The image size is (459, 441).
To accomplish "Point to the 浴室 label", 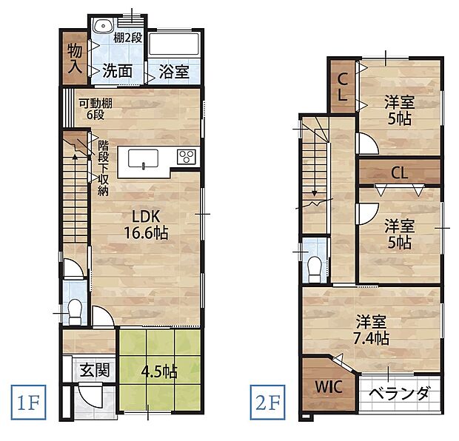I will click(x=173, y=72).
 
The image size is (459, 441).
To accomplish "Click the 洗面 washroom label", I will click(x=117, y=72).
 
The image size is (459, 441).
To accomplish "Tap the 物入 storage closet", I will click(x=75, y=58).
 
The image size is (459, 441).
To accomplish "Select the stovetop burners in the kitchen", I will click(x=186, y=157).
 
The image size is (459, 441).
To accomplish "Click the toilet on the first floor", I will click(x=74, y=310).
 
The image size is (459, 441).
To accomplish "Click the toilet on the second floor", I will click(x=315, y=267).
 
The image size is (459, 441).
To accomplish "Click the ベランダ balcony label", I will click(x=399, y=393).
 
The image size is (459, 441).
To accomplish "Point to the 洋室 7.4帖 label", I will click(x=372, y=330).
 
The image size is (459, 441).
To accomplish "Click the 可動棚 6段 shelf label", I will click(x=95, y=109).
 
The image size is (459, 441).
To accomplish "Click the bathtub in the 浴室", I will click(x=175, y=46).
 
